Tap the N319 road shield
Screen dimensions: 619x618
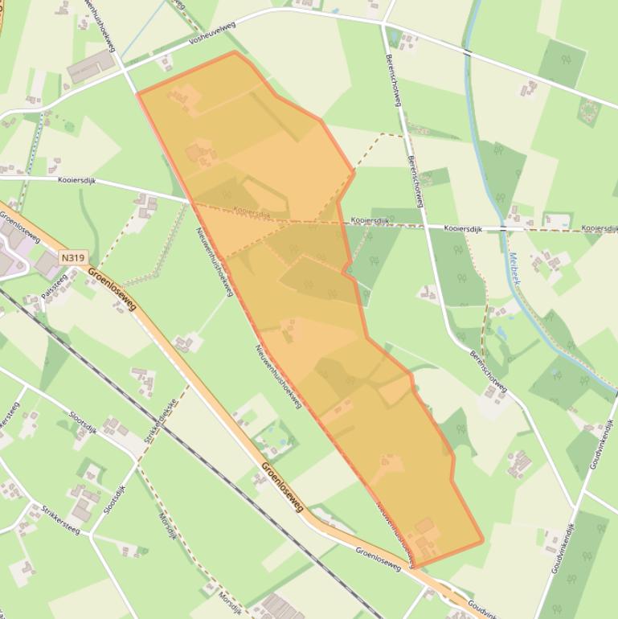tap(72, 258)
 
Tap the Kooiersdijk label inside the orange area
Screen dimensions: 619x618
tap(252, 211)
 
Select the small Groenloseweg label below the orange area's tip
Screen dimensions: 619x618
tap(378, 558)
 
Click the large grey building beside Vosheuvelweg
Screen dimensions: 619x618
tap(92, 66)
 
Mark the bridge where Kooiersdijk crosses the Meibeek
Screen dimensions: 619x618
tap(502, 229)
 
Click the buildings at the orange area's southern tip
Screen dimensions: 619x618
tap(424, 537)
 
